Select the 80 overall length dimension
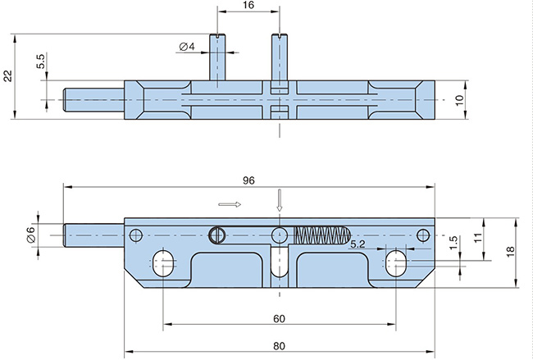coord(279,345)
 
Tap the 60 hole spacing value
coord(279,318)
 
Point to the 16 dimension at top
coord(248,6)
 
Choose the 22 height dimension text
coord(8,75)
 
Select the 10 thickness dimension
coord(459,98)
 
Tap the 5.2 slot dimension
coord(358,244)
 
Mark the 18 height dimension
coord(509,252)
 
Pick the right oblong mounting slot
coord(395,262)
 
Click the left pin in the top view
coord(216,57)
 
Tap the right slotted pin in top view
coord(279,57)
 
